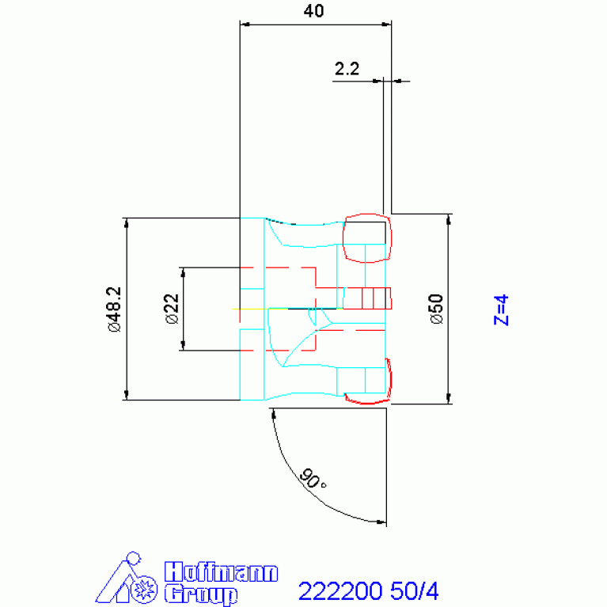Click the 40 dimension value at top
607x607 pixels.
click(313, 11)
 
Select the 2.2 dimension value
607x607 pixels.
click(347, 69)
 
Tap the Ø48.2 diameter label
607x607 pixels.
click(115, 309)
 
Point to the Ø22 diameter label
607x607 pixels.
click(172, 309)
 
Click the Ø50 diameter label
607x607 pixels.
click(437, 309)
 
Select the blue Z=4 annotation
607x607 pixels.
click(501, 309)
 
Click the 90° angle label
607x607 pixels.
click(313, 479)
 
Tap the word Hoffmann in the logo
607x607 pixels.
click(221, 571)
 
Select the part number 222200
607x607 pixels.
click(340, 590)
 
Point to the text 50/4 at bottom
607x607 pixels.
click(414, 590)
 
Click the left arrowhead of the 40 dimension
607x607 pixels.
click(245, 25)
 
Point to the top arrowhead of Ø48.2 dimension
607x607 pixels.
click(126, 223)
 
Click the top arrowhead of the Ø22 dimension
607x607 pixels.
click(183, 272)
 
